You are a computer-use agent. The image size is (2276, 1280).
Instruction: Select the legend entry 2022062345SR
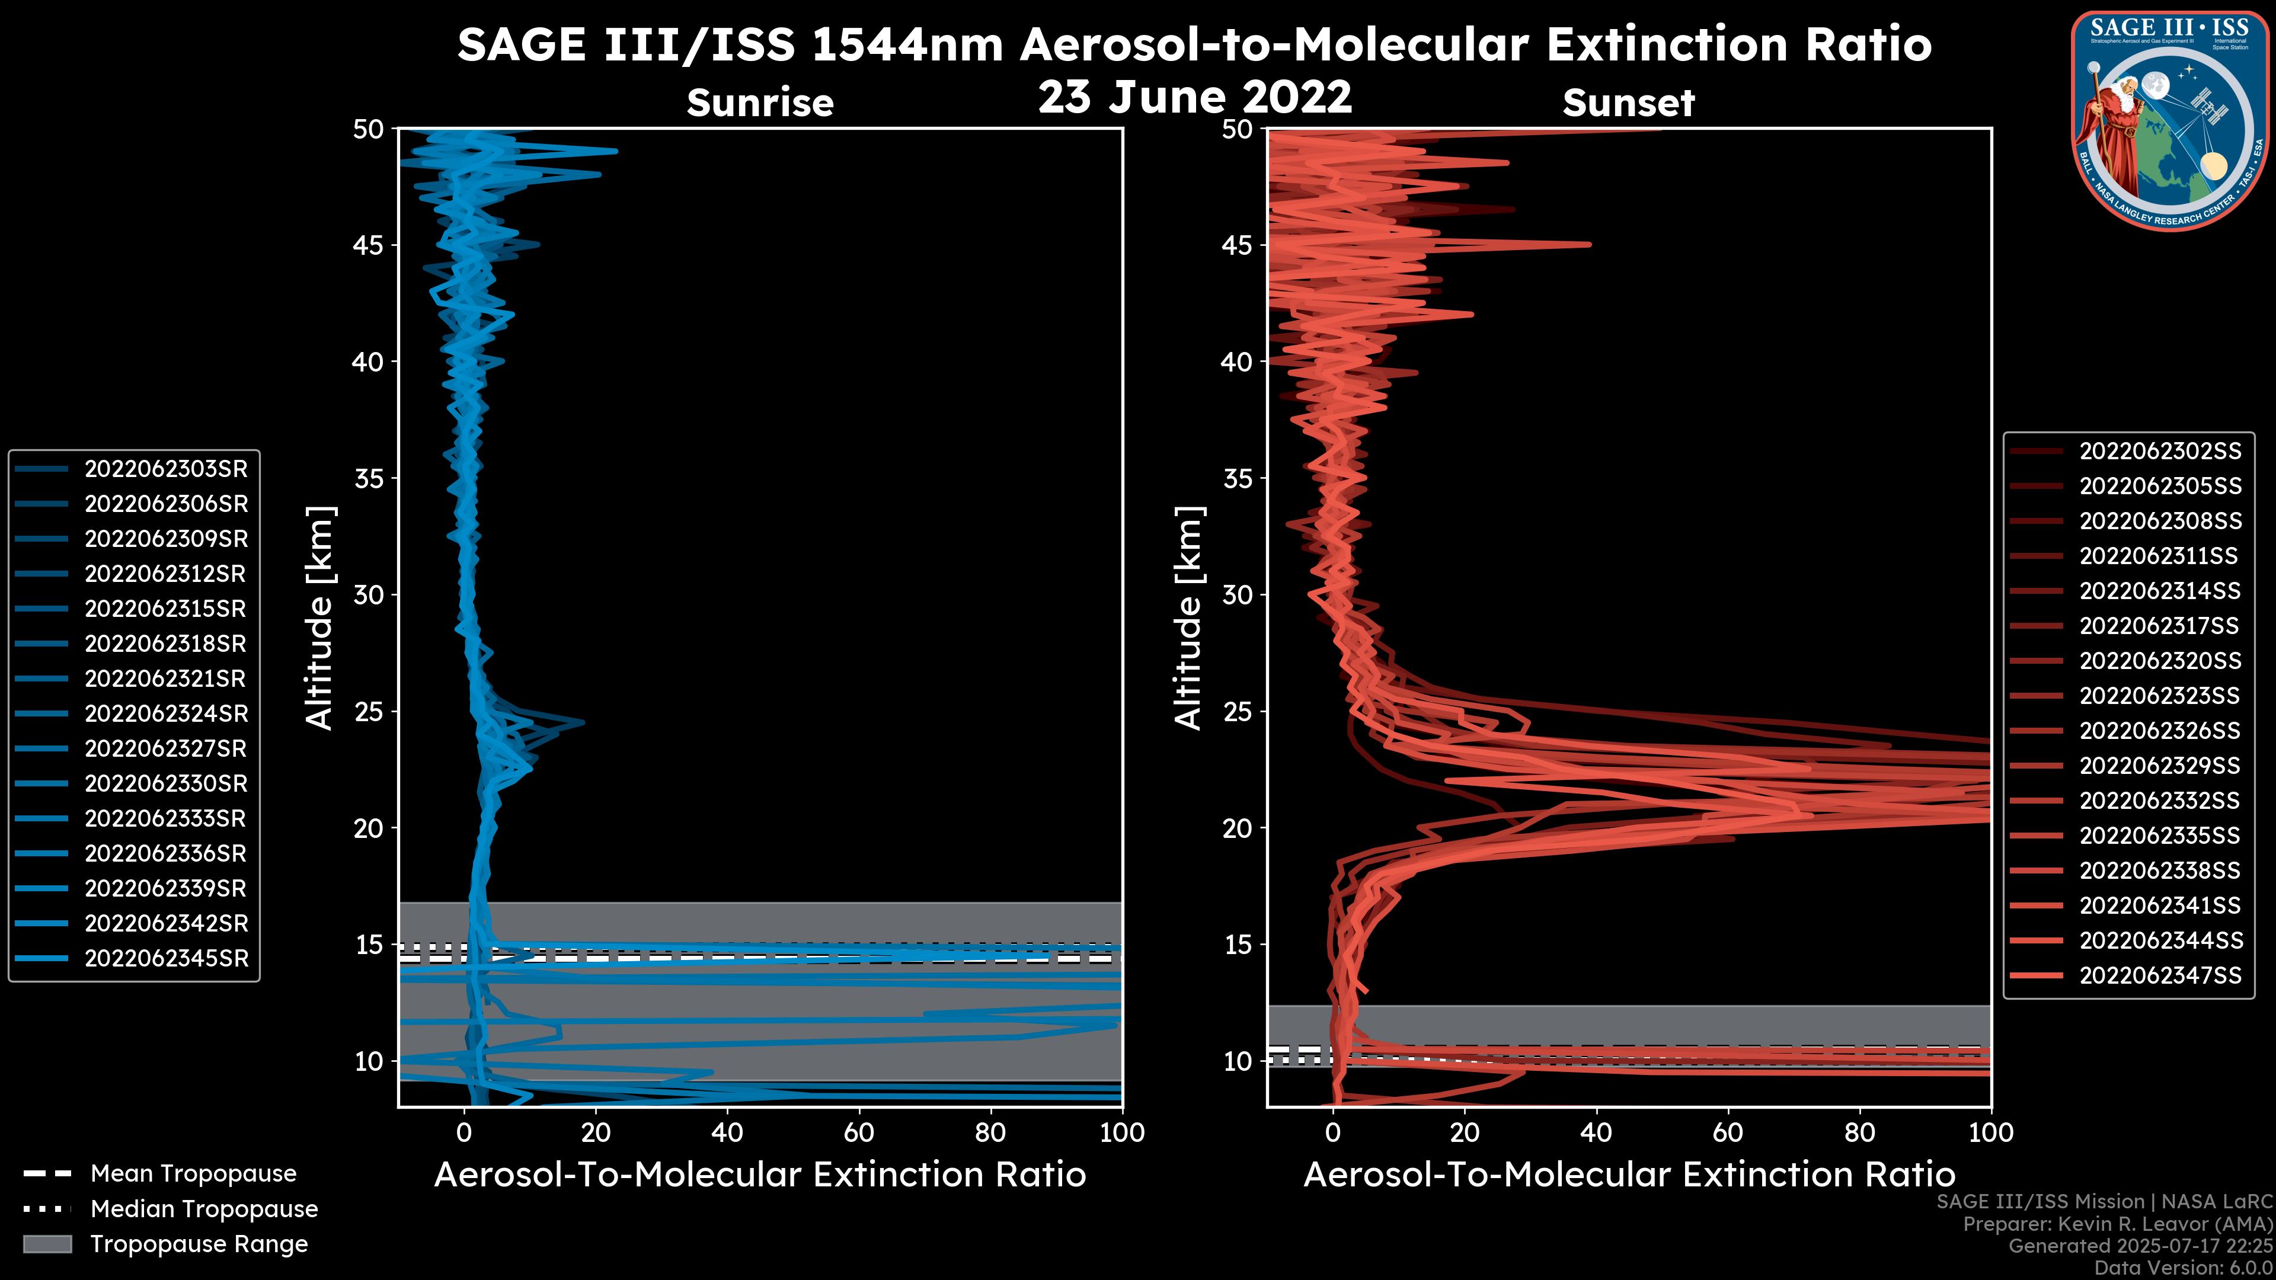click(x=166, y=958)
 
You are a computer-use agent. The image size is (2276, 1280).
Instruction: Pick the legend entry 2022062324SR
click(x=166, y=713)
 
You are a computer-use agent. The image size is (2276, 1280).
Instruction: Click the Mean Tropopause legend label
click(x=193, y=1173)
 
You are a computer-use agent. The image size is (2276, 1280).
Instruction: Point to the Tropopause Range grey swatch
click(x=47, y=1244)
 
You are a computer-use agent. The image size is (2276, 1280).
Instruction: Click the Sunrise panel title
click(x=760, y=103)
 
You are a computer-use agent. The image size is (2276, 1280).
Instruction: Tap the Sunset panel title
click(x=1628, y=103)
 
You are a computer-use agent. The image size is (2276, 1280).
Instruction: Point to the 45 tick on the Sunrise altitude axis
click(x=369, y=245)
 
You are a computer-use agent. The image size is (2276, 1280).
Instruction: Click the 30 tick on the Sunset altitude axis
click(x=1238, y=594)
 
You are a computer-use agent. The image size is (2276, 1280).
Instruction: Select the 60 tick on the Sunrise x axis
click(x=859, y=1132)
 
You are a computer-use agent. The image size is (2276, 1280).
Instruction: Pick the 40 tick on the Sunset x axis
click(x=1596, y=1132)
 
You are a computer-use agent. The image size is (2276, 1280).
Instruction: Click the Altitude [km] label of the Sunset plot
click(x=1189, y=618)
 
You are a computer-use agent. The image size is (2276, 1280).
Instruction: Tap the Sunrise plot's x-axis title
click(x=760, y=1175)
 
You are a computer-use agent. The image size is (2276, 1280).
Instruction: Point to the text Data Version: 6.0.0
click(x=2182, y=1268)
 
